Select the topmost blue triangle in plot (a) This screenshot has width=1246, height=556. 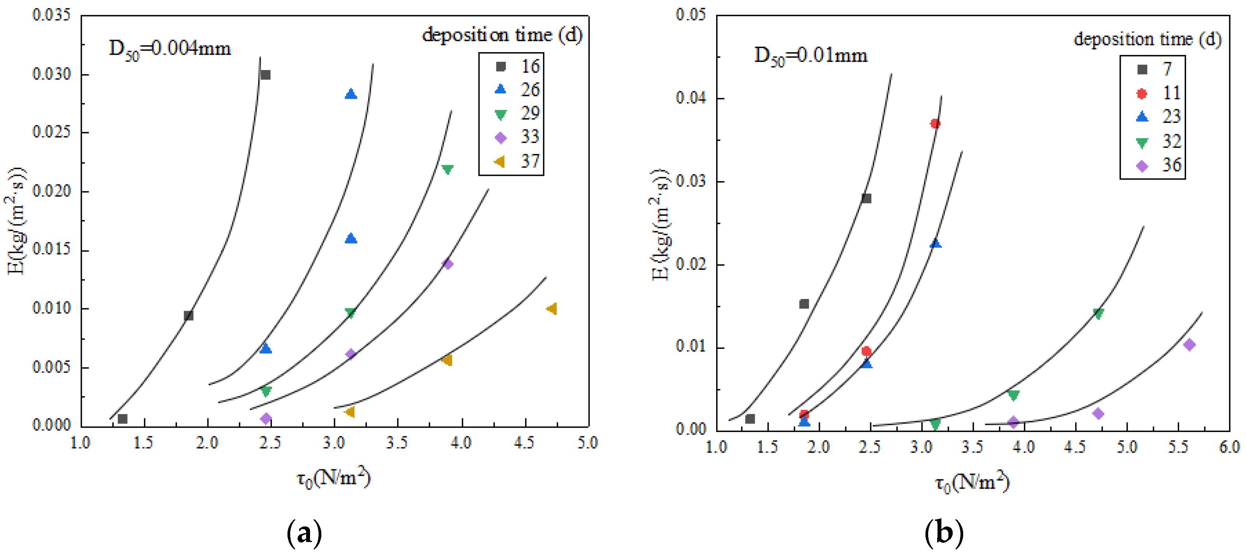tap(350, 94)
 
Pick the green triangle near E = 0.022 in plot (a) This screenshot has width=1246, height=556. tap(447, 169)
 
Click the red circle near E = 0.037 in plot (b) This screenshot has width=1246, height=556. tap(935, 123)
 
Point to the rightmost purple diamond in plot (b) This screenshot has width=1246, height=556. tap(1189, 344)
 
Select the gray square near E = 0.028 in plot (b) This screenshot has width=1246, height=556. tap(866, 198)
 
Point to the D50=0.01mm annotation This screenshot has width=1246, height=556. tap(811, 56)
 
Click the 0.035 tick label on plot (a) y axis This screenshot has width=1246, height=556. tap(51, 14)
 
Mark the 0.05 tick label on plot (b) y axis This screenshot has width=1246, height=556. tap(691, 14)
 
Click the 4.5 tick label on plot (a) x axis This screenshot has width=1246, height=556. tap(524, 442)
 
